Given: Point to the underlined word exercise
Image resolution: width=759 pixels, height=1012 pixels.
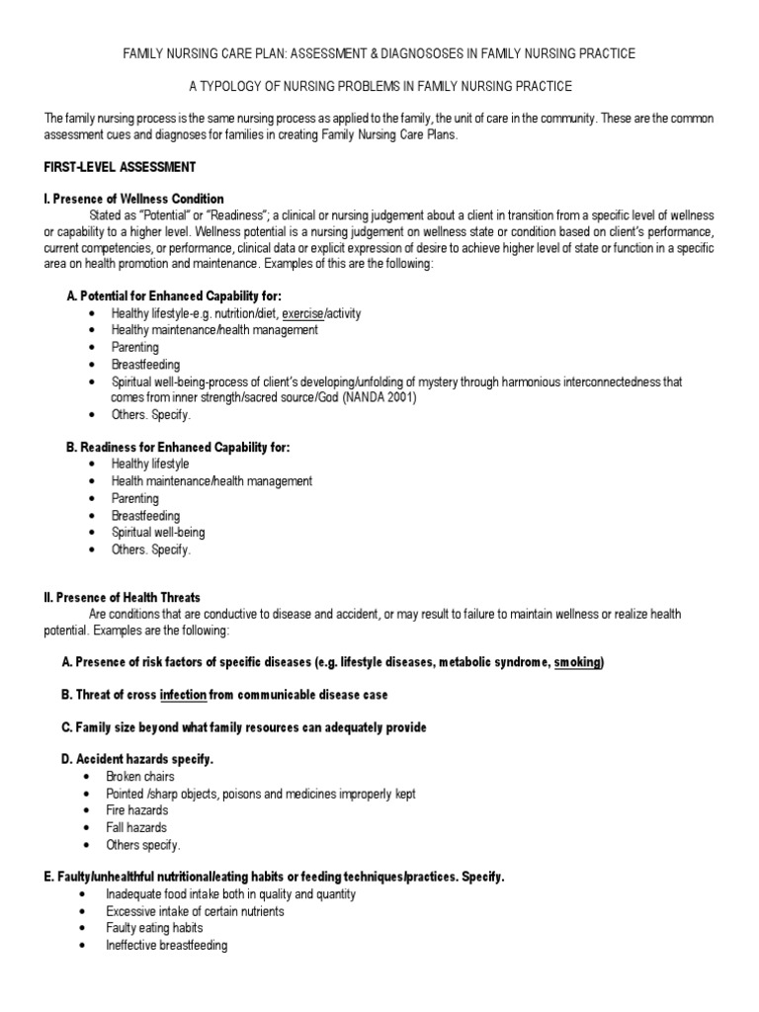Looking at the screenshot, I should point(306,313).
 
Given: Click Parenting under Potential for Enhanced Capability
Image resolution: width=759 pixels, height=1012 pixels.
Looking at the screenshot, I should point(134,347).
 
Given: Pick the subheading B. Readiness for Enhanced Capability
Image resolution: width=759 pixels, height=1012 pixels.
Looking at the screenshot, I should point(178,447).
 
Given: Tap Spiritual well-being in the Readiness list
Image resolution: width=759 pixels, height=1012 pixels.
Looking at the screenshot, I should point(158,532).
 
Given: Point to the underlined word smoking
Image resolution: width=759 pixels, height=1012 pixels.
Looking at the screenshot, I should point(577,662).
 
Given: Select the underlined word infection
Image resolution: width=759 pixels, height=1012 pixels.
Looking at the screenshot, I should point(183,695).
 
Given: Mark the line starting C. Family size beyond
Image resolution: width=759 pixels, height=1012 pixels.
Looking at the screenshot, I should point(244,727).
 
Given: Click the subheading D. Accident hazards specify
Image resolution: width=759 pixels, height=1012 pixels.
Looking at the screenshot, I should point(137,759).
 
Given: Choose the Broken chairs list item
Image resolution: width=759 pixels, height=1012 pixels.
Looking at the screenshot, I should point(144,777).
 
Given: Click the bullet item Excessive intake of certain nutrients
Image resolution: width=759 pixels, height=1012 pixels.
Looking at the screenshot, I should point(195,911).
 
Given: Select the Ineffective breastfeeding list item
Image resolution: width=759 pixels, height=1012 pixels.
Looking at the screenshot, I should point(166,945).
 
